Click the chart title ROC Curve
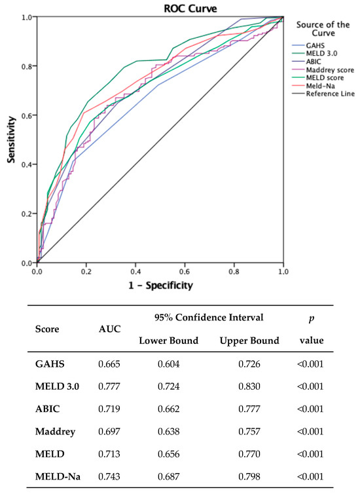[160, 9]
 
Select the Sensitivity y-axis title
[10, 139]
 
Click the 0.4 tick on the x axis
[135, 271]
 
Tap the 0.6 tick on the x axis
[185, 271]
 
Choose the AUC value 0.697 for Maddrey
[109, 432]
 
